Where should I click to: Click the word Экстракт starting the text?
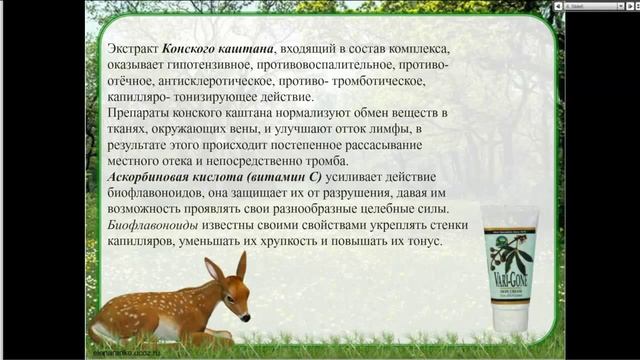pyautogui.click(x=132, y=49)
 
